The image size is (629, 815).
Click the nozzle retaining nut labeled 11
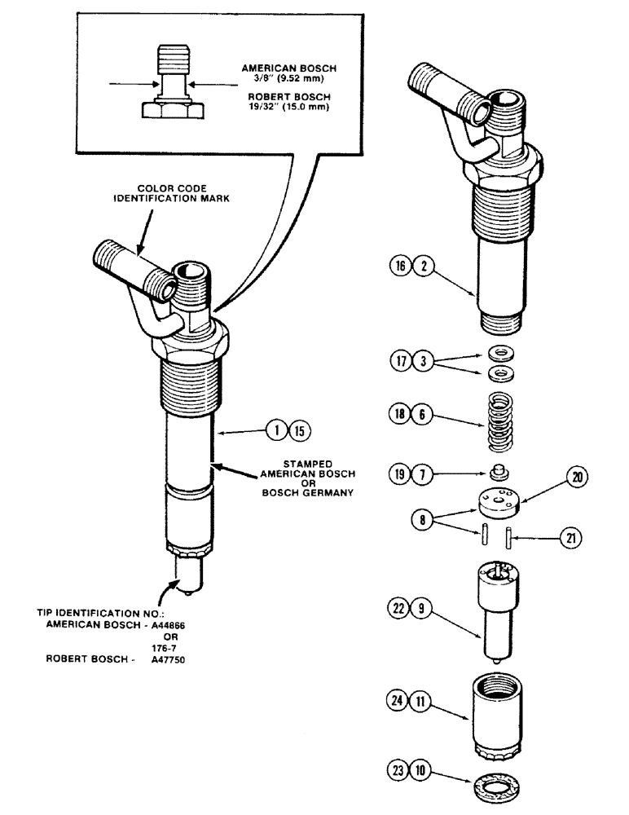(495, 703)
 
